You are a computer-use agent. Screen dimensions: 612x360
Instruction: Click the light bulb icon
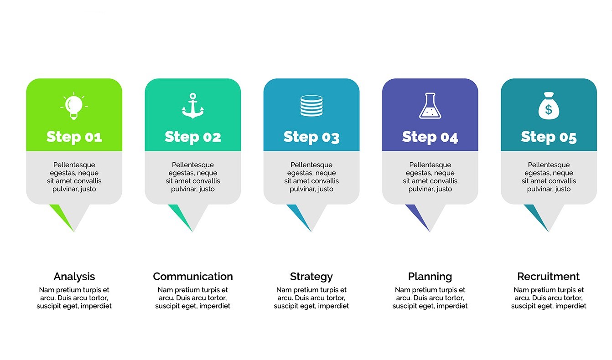point(74,106)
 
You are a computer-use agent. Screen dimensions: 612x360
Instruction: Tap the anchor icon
point(193,106)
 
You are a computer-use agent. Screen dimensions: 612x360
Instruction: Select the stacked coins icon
point(311,106)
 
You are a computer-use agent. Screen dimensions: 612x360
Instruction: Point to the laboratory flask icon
point(430,106)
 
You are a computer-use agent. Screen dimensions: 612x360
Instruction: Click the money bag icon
point(549,106)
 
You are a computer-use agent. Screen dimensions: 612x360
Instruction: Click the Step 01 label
point(74,137)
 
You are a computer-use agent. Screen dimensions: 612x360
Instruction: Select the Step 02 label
point(193,137)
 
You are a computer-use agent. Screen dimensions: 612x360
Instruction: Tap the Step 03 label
point(311,137)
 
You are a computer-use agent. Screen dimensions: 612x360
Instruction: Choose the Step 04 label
point(430,137)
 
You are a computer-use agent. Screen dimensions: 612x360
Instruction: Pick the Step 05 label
point(549,137)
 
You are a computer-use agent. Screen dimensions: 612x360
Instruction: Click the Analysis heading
point(74,277)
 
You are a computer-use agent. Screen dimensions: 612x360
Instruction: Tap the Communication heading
point(193,277)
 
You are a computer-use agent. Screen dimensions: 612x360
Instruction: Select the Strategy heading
point(311,277)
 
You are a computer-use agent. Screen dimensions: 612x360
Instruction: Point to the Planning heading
point(430,277)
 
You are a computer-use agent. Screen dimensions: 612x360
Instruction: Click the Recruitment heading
point(549,277)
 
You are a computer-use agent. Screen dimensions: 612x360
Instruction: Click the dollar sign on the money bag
point(549,110)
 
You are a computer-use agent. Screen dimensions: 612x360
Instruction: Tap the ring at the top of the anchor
point(193,96)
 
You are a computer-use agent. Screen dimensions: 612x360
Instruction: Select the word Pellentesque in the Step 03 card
point(311,165)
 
